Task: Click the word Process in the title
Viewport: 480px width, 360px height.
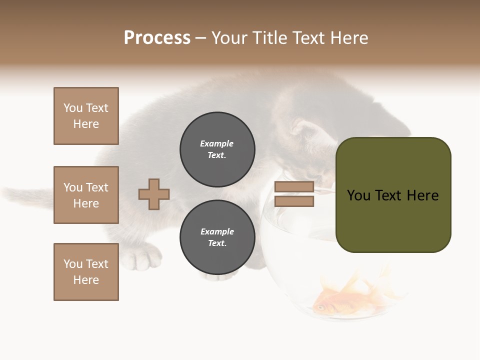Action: click(x=157, y=38)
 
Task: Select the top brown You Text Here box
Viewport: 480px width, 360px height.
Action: click(x=86, y=116)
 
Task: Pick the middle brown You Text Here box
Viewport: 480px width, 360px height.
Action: click(x=86, y=195)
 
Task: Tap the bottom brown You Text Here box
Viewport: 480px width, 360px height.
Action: click(x=86, y=272)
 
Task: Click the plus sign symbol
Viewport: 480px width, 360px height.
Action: click(x=154, y=194)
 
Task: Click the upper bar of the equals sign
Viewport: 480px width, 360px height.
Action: click(x=294, y=186)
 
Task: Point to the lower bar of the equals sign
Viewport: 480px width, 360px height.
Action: click(x=294, y=201)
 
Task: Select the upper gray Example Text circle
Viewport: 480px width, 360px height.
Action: click(x=217, y=149)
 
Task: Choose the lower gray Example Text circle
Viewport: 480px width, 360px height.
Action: click(x=217, y=237)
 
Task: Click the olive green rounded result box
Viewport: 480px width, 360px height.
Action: click(x=393, y=195)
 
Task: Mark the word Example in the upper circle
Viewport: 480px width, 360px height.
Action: click(x=216, y=143)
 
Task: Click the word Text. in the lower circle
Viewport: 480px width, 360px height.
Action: click(x=217, y=243)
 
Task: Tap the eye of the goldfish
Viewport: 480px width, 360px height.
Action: click(x=319, y=307)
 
